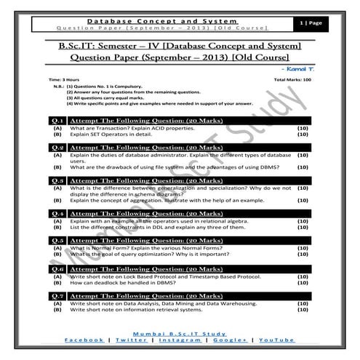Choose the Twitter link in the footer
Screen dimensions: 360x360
tap(131, 340)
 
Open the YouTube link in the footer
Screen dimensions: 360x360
tap(276, 340)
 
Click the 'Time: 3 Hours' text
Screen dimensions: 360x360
tap(64, 78)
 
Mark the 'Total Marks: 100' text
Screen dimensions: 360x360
tap(292, 78)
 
